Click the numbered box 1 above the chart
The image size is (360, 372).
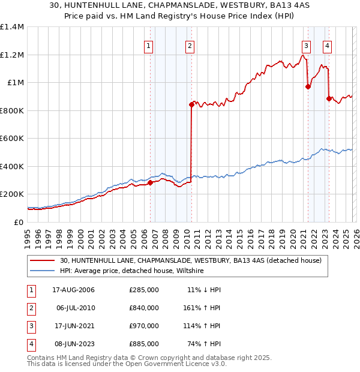point(148,45)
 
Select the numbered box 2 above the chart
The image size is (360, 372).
point(190,45)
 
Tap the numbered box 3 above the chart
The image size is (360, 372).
point(307,45)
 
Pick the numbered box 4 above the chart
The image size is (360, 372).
point(327,45)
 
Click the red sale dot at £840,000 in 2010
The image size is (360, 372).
point(191,104)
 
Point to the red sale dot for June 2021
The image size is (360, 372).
point(308,86)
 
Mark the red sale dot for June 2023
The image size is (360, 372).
point(329,98)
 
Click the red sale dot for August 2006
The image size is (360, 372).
point(151,182)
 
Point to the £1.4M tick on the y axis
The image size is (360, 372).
point(12,27)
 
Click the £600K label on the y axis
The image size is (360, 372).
point(12,139)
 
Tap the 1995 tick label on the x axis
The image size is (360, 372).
point(28,238)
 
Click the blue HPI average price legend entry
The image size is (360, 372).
point(132,271)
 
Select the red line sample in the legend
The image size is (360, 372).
point(42,260)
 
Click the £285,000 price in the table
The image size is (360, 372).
point(144,290)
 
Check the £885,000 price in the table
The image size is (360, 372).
point(144,344)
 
